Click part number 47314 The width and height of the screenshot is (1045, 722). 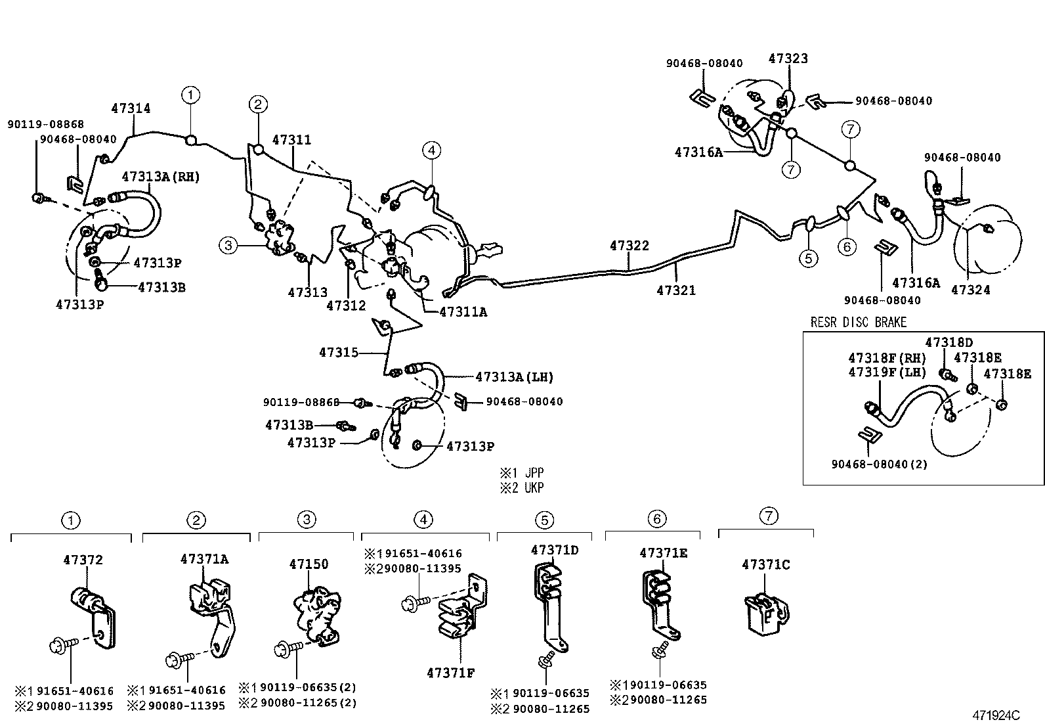131,108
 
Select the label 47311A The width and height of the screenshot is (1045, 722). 463,312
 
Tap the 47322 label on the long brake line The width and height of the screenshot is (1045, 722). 629,246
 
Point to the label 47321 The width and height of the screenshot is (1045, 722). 675,290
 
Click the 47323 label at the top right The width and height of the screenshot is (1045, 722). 788,58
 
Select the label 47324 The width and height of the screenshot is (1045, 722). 970,290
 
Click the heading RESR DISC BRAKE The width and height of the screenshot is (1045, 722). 858,322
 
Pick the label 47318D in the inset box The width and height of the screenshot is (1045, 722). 949,342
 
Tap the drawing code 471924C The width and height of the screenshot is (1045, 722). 996,715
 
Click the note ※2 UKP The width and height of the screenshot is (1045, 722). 521,487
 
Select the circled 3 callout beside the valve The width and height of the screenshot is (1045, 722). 228,246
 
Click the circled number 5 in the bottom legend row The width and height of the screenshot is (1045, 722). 544,520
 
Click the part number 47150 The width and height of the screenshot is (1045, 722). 309,564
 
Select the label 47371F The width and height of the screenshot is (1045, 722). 450,673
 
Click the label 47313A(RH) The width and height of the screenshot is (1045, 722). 160,177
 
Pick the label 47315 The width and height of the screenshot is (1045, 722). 339,353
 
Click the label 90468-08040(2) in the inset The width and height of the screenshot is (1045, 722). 879,464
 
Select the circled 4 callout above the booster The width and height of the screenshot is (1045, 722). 431,151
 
